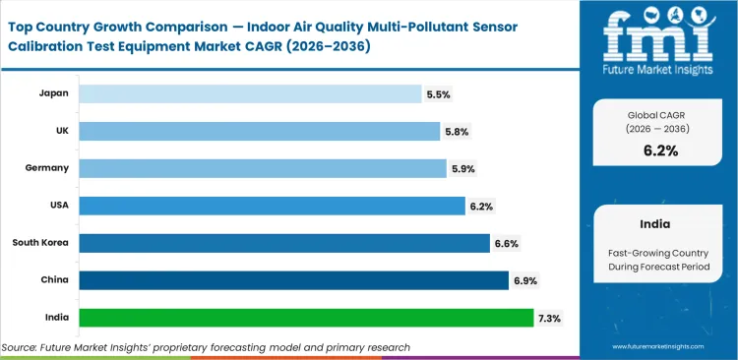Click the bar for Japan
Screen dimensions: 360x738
[249, 93]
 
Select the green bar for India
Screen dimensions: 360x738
[306, 318]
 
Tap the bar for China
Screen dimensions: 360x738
[293, 280]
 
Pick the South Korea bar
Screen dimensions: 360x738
[284, 243]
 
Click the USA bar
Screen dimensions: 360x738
[272, 206]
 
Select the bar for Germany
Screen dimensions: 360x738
[263, 168]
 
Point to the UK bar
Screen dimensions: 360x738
[260, 131]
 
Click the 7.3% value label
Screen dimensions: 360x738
[549, 318]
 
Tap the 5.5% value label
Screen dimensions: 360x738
[438, 94]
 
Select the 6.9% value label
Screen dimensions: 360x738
[524, 280]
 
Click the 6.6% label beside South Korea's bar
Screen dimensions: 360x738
[506, 243]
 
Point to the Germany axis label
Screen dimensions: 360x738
[46, 168]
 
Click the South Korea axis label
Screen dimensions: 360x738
[40, 243]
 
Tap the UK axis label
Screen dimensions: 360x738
[60, 131]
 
